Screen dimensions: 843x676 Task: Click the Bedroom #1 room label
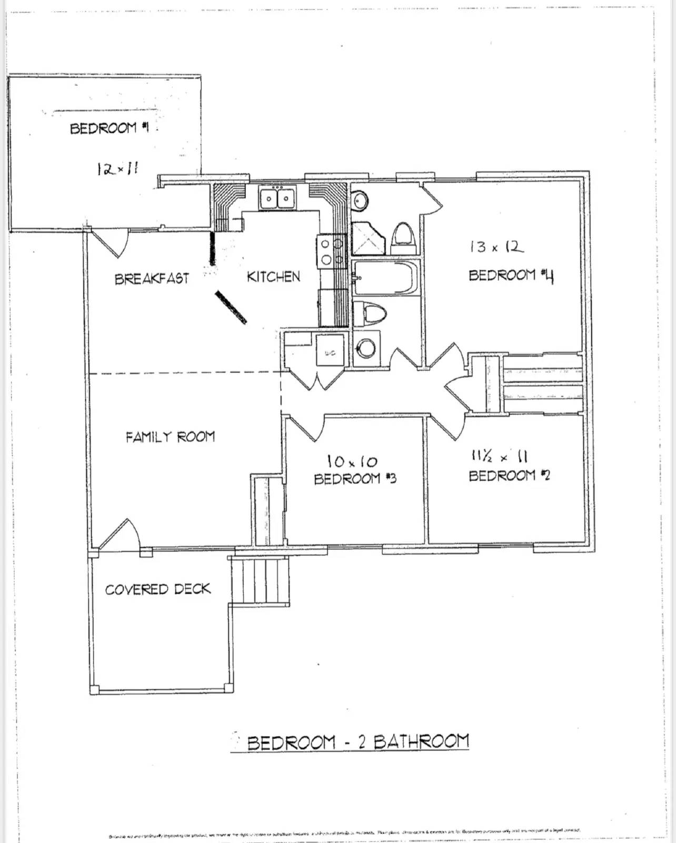point(110,128)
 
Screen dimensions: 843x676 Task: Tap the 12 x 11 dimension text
point(117,169)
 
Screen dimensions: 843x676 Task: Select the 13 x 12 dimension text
point(496,247)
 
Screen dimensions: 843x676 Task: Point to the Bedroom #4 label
point(511,276)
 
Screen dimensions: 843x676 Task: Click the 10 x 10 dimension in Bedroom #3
point(352,462)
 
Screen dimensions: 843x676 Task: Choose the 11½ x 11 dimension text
point(500,456)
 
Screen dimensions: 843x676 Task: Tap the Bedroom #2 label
point(509,476)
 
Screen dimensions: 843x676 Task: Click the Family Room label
point(170,437)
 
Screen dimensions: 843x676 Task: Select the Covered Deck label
point(157,589)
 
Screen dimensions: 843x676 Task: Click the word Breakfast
point(152,278)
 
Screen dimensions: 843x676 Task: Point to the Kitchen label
point(273,277)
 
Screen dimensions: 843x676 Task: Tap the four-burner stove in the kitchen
point(331,251)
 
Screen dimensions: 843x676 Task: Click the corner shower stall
point(367,238)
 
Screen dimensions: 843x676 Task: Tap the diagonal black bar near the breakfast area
point(231,307)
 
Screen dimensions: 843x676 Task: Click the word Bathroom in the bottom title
point(421,742)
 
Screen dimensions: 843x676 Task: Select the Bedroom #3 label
point(355,478)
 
